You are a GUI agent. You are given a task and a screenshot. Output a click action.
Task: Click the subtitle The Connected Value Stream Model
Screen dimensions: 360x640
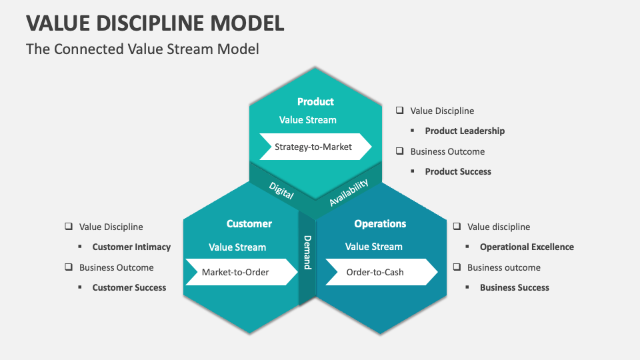point(142,49)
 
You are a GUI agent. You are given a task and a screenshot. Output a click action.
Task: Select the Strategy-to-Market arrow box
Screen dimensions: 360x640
point(314,147)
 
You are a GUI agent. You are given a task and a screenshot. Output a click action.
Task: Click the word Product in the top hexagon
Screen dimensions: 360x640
point(315,101)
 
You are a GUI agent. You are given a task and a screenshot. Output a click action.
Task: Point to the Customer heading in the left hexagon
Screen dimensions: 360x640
point(249,224)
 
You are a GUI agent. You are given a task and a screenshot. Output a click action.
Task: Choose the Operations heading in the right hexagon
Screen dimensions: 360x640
point(380,224)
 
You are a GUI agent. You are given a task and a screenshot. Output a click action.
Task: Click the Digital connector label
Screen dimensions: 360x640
point(281,190)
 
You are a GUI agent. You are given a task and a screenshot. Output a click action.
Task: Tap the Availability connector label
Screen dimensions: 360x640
point(348,192)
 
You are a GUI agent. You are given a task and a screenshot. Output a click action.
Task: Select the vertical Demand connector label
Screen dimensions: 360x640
point(307,252)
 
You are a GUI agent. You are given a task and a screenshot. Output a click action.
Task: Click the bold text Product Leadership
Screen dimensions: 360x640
point(465,131)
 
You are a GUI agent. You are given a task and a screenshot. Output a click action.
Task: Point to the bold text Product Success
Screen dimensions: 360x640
point(458,171)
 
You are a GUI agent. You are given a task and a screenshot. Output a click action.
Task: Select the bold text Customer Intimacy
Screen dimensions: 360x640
point(131,247)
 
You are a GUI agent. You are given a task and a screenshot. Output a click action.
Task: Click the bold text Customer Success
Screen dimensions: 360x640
point(129,287)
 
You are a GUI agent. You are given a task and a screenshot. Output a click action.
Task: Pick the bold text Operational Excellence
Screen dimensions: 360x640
point(527,247)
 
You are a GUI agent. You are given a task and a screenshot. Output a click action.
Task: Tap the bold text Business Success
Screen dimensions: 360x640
point(515,287)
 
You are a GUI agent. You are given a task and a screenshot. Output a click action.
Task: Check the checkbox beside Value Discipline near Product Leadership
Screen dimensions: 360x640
point(399,111)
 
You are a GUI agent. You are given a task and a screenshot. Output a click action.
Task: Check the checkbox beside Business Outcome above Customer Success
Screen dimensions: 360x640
point(68,267)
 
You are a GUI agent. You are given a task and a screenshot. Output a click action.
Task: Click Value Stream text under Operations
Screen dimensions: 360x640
point(374,247)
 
